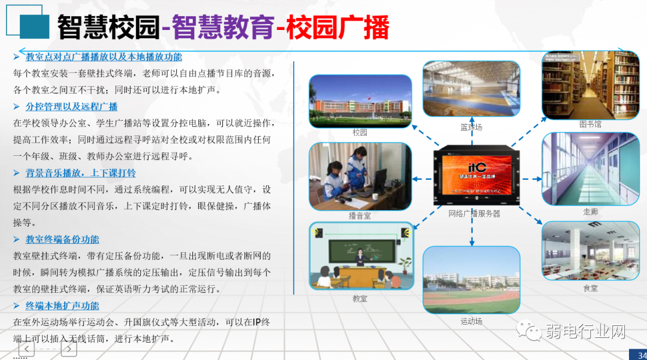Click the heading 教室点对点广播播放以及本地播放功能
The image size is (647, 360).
tap(104, 58)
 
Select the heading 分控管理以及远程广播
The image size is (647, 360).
tap(71, 107)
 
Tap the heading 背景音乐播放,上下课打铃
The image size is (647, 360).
tap(80, 173)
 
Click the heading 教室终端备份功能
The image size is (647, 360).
tap(62, 240)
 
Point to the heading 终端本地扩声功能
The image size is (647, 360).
tap(62, 305)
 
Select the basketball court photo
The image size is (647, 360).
tap(471, 89)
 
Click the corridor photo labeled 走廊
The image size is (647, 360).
tap(590, 169)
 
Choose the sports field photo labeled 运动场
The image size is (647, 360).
tap(471, 280)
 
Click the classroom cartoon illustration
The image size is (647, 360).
tap(359, 256)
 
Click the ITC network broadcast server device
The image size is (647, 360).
tap(473, 176)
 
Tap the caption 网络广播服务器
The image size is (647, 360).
tap(474, 214)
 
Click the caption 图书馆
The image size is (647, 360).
tap(590, 125)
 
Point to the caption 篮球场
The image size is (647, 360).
tap(471, 128)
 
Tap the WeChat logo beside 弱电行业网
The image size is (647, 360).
tap(530, 331)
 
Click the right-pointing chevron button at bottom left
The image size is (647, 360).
tap(69, 349)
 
